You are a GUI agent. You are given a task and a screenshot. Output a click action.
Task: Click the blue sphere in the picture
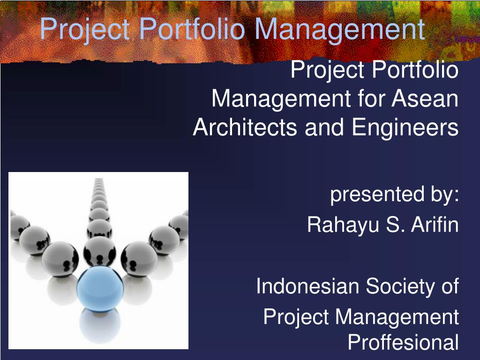100,289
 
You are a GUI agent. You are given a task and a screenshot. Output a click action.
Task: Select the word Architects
245,127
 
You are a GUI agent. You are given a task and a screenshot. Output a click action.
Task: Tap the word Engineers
405,127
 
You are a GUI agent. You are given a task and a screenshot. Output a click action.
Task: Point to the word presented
377,195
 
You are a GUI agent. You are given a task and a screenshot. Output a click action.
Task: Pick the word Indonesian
307,286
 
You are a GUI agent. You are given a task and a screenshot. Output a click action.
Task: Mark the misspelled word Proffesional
404,342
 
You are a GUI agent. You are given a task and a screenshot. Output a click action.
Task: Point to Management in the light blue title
339,30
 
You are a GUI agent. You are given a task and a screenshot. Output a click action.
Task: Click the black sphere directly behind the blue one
100,252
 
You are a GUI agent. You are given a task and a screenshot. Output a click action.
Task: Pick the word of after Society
450,286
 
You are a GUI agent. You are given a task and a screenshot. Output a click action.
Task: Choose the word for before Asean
370,98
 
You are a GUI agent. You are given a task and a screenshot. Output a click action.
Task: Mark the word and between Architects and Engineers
324,127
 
